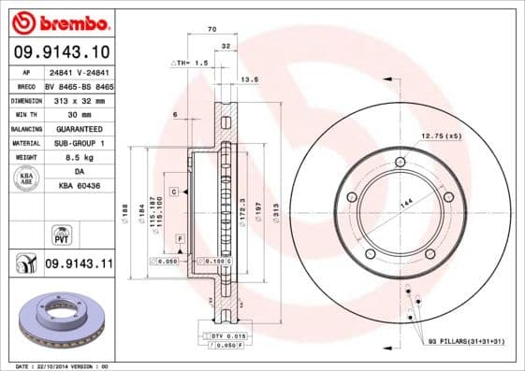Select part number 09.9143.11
[x=78, y=264]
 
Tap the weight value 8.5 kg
[x=78, y=158]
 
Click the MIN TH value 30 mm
[x=78, y=113]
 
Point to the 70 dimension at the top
[x=212, y=30]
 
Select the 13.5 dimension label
[x=249, y=80]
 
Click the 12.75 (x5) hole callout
[x=441, y=137]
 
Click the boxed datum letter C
[x=175, y=190]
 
